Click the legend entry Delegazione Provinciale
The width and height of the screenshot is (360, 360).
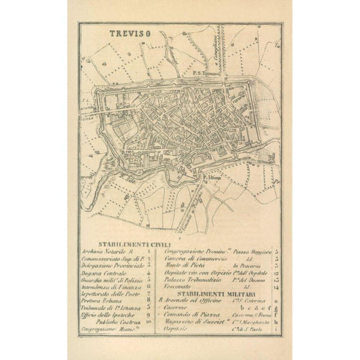click(x=113, y=265)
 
